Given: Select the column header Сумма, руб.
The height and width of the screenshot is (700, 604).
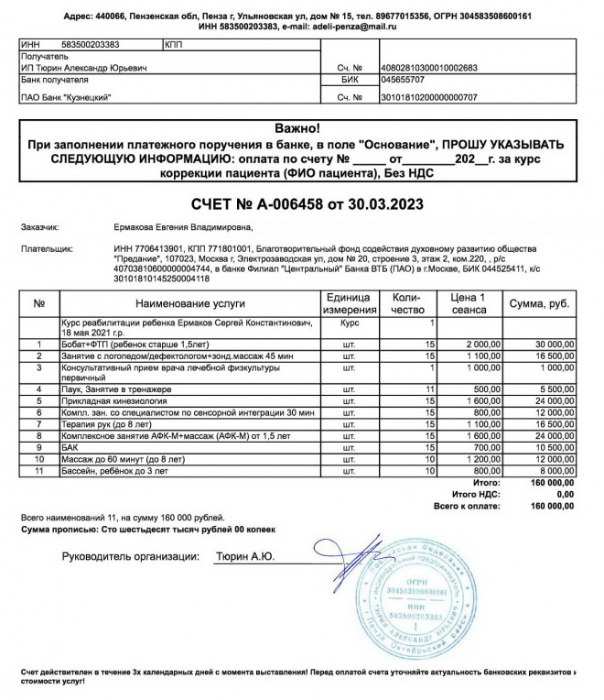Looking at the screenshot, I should coord(542,302).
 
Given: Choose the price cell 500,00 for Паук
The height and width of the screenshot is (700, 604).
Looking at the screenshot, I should coord(482,388).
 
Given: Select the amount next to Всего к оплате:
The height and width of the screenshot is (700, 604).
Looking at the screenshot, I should coord(553,505).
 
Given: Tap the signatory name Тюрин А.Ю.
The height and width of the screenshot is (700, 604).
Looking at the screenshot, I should coord(244,556).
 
